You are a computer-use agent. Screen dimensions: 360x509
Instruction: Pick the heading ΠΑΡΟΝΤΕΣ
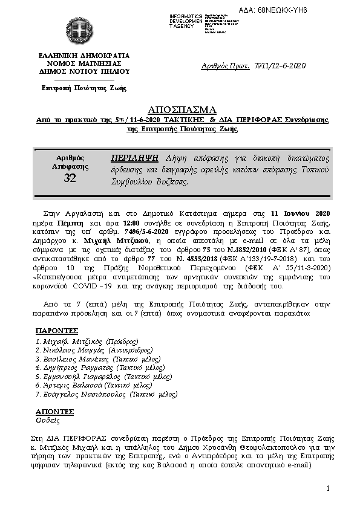(57, 331)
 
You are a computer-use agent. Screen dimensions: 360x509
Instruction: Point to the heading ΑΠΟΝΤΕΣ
(55, 410)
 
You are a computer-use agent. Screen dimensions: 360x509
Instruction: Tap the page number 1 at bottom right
(327, 488)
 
